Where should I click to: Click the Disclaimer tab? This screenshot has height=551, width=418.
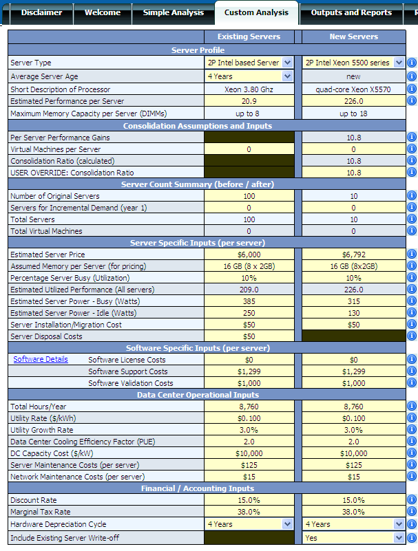tap(41, 12)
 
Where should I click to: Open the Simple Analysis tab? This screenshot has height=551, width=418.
tap(173, 12)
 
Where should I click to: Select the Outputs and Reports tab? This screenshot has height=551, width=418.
tap(351, 12)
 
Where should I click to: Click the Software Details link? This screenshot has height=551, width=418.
tap(41, 359)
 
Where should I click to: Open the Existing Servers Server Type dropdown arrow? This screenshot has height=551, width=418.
tap(287, 63)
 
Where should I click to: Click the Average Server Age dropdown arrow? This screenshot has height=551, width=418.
tap(287, 76)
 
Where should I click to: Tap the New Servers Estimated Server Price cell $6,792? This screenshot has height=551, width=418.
tap(353, 255)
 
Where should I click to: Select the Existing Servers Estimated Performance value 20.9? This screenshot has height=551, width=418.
tap(249, 101)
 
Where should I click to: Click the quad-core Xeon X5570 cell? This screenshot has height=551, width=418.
tap(353, 89)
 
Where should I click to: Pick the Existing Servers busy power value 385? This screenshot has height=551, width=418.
tap(249, 301)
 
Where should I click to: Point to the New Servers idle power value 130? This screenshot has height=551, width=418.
tap(353, 313)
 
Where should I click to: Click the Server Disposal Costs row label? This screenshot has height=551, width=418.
tap(46, 336)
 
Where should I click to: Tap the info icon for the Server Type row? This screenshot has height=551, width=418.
tap(412, 63)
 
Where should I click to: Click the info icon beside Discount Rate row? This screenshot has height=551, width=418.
tap(412, 499)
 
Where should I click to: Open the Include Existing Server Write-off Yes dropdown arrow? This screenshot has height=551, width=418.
tap(399, 538)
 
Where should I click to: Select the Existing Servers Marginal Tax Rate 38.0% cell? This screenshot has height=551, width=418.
tap(249, 512)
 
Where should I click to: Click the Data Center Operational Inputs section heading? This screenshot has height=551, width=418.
tap(198, 395)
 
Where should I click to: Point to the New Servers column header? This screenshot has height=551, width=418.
tap(353, 36)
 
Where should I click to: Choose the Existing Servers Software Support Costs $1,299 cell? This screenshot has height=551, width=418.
tap(249, 371)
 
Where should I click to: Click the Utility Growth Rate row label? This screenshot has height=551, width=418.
tap(42, 430)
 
